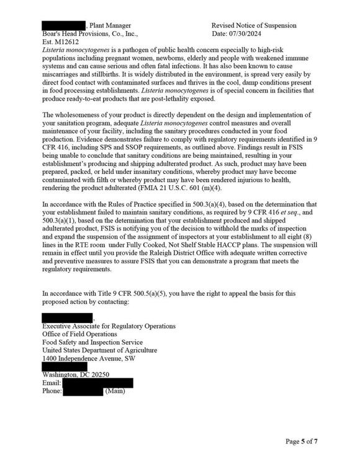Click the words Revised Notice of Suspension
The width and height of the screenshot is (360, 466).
point(254,25)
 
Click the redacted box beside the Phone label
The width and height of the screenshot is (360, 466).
point(83,391)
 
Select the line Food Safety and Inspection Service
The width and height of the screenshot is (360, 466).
point(92,342)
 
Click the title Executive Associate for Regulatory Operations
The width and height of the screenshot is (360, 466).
point(109,326)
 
